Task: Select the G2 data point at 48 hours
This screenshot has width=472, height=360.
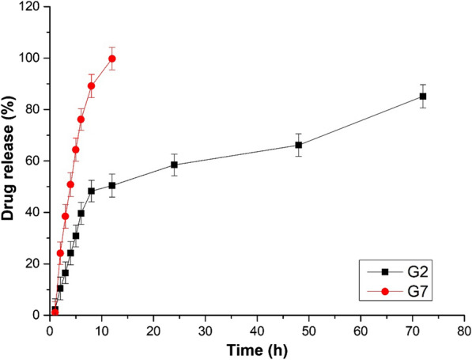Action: pos(299,145)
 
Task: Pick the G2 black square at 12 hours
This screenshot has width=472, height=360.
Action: pos(112,186)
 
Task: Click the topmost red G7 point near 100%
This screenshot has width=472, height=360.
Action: pos(112,59)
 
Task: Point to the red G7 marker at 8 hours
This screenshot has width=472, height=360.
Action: pos(91,85)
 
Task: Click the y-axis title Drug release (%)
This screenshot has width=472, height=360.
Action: pos(10,164)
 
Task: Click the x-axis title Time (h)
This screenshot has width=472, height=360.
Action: pos(255,349)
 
